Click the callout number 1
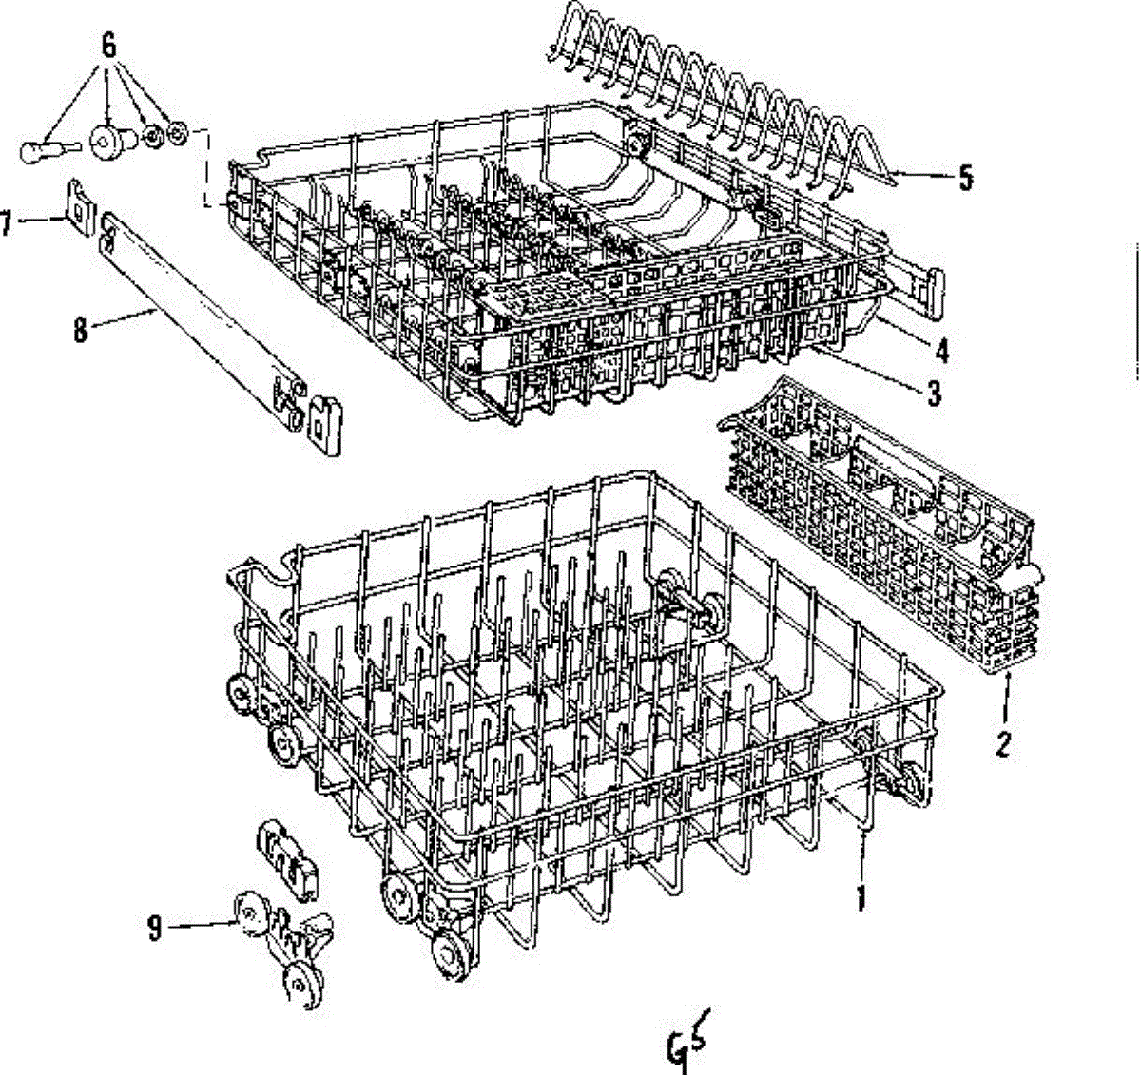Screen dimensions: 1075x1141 (861, 896)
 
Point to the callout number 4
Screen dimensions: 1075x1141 (941, 351)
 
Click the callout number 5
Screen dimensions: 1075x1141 (966, 178)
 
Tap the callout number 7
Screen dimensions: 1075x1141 (7, 223)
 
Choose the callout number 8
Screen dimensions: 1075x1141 (80, 330)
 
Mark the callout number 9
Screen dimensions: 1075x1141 (155, 927)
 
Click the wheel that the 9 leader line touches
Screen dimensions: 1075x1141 (248, 913)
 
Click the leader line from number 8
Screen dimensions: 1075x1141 (124, 319)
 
